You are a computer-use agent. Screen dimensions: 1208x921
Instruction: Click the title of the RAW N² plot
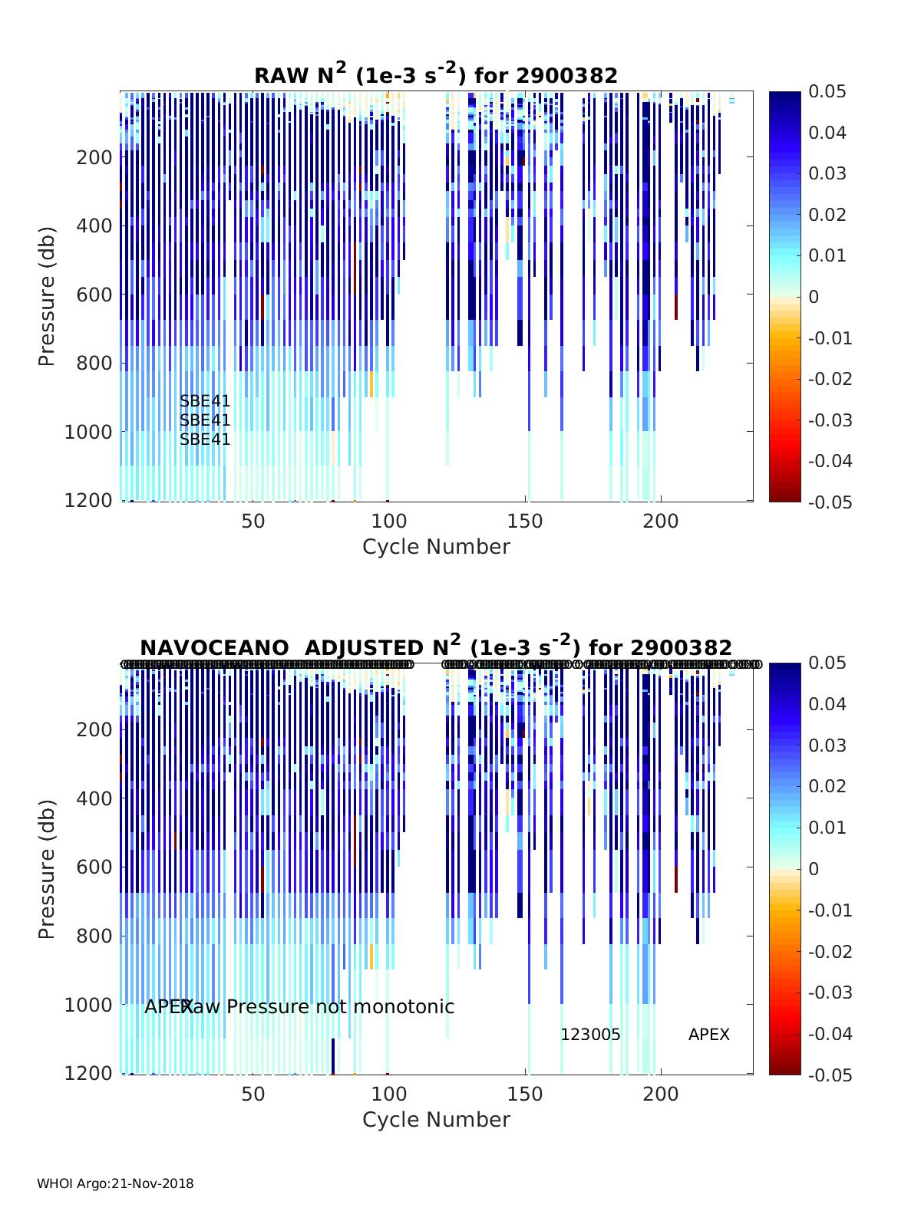coord(436,74)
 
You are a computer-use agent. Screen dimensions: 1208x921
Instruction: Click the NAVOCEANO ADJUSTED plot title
coord(436,647)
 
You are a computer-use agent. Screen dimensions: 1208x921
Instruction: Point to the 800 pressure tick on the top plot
coord(95,363)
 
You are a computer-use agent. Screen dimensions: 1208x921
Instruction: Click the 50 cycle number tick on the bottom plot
coord(253,1094)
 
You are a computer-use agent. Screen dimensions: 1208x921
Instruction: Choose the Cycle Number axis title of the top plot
coord(436,547)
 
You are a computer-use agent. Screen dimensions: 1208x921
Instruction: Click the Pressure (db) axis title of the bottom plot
coord(48,869)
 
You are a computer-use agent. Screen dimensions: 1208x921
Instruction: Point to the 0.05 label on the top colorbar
coord(827,92)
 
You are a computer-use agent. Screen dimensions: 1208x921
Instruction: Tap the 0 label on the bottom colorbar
coord(814,869)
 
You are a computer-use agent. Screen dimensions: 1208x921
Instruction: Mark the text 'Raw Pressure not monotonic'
coord(318,1006)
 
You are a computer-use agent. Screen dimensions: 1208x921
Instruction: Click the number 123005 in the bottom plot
coord(590,1035)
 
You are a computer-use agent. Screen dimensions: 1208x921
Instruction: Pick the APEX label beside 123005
coord(708,1035)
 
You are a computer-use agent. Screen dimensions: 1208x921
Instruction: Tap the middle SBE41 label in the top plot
coord(205,420)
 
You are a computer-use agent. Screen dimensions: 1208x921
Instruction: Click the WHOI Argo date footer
coord(115,1183)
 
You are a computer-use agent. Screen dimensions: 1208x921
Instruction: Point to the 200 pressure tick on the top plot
coord(95,157)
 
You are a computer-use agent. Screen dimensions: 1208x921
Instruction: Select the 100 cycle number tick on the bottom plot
coord(388,1094)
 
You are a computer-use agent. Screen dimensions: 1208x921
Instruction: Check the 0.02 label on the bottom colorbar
coord(827,786)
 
